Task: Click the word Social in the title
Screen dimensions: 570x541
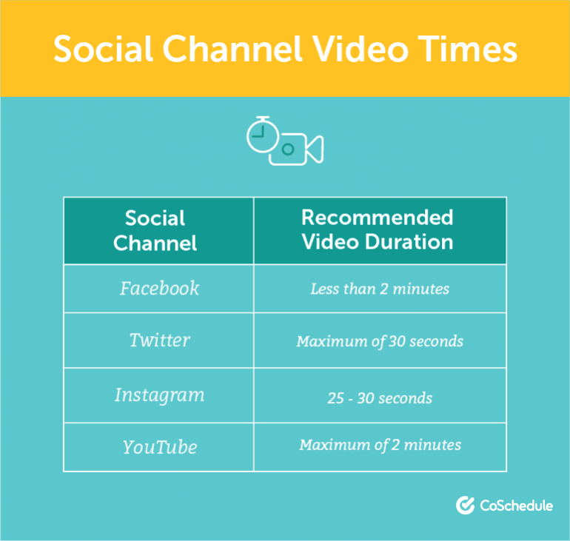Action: click(103, 49)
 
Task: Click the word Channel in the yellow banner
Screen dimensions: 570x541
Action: click(232, 49)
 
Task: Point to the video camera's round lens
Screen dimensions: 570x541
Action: click(288, 149)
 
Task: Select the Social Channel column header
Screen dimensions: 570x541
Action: click(155, 230)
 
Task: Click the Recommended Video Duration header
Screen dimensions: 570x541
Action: click(378, 229)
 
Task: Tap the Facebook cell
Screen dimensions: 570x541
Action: click(160, 289)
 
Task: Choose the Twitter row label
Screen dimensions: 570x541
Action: click(160, 340)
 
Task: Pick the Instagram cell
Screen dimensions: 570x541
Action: click(160, 395)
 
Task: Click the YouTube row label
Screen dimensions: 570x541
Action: click(160, 447)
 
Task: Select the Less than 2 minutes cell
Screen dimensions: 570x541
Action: click(380, 289)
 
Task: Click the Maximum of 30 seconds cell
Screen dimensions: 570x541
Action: click(380, 341)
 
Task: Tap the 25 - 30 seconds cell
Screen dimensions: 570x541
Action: click(380, 398)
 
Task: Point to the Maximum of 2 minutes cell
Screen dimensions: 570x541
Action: click(380, 445)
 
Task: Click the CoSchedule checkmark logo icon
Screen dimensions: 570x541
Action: click(466, 505)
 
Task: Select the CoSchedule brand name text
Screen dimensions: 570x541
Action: click(516, 505)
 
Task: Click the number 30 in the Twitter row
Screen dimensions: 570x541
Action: click(397, 341)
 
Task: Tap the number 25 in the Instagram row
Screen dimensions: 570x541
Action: click(335, 398)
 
